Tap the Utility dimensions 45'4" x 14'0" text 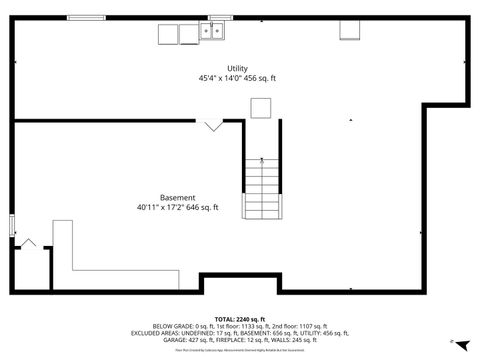[x=237, y=78]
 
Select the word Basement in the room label [x=177, y=197]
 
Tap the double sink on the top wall [x=212, y=33]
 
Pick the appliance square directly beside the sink [x=190, y=34]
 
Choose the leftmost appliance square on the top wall [x=168, y=34]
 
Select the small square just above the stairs [x=260, y=109]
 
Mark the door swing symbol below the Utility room [x=213, y=125]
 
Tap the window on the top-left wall [x=86, y=17]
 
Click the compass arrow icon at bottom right [x=458, y=341]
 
